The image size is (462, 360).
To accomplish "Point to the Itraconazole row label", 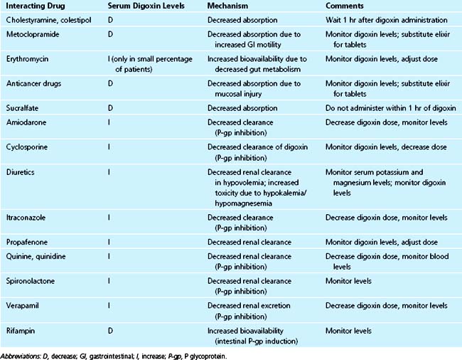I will coord(28,217).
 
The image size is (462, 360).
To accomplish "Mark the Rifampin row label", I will coord(22,331).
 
